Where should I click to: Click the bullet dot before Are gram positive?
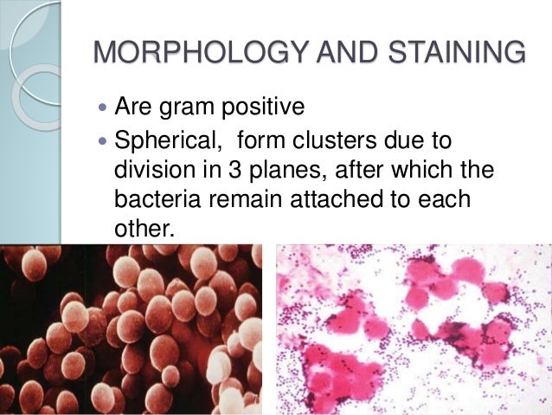click(x=104, y=109)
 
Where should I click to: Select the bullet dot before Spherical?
click(x=104, y=140)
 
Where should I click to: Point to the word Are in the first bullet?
click(x=134, y=108)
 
